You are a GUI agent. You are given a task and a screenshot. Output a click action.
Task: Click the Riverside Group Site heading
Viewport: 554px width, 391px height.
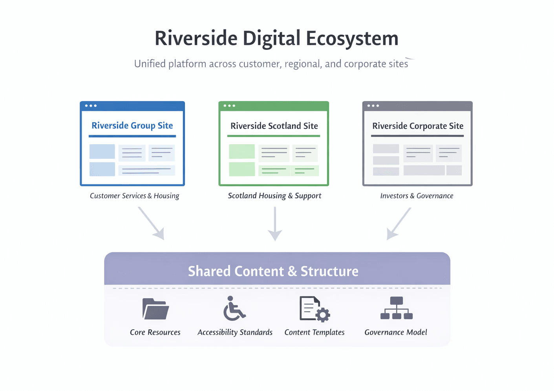click(x=132, y=126)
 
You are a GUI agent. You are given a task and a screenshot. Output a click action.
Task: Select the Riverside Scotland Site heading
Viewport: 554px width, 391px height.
click(x=274, y=126)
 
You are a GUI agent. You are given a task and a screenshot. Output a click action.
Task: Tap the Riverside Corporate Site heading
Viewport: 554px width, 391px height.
click(x=418, y=126)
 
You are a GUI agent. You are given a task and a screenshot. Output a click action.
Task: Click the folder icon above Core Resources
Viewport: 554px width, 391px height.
click(x=155, y=309)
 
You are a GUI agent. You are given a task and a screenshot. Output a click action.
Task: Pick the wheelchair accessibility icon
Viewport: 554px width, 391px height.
click(x=234, y=308)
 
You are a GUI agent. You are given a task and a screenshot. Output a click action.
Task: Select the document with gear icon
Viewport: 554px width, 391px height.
click(x=314, y=309)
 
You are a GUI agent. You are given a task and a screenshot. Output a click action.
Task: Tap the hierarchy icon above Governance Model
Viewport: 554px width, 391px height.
click(x=397, y=308)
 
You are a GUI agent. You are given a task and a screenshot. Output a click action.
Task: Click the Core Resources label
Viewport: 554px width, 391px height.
click(x=155, y=332)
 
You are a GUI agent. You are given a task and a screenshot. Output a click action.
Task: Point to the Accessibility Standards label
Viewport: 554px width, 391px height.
click(x=235, y=332)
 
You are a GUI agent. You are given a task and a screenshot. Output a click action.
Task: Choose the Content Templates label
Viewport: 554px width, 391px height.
click(x=314, y=332)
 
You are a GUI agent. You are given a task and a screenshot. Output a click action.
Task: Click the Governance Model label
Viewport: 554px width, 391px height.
click(x=396, y=332)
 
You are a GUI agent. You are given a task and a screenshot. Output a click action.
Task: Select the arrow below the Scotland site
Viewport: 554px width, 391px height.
click(x=275, y=224)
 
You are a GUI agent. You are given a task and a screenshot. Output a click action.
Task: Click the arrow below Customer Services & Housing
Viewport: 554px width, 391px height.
click(x=151, y=224)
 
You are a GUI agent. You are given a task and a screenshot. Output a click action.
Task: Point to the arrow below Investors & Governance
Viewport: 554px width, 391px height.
click(x=399, y=224)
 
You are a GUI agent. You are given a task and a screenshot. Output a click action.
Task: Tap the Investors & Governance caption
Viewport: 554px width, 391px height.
click(x=417, y=196)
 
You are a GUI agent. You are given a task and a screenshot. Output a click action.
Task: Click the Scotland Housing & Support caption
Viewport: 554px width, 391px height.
click(x=274, y=196)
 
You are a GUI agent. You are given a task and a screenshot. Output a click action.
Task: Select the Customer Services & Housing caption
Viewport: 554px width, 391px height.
click(x=134, y=196)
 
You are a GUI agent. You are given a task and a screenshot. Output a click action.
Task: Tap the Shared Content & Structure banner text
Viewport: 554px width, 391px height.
click(x=273, y=271)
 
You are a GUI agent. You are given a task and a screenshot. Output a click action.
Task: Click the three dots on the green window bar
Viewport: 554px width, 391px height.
click(x=229, y=106)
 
